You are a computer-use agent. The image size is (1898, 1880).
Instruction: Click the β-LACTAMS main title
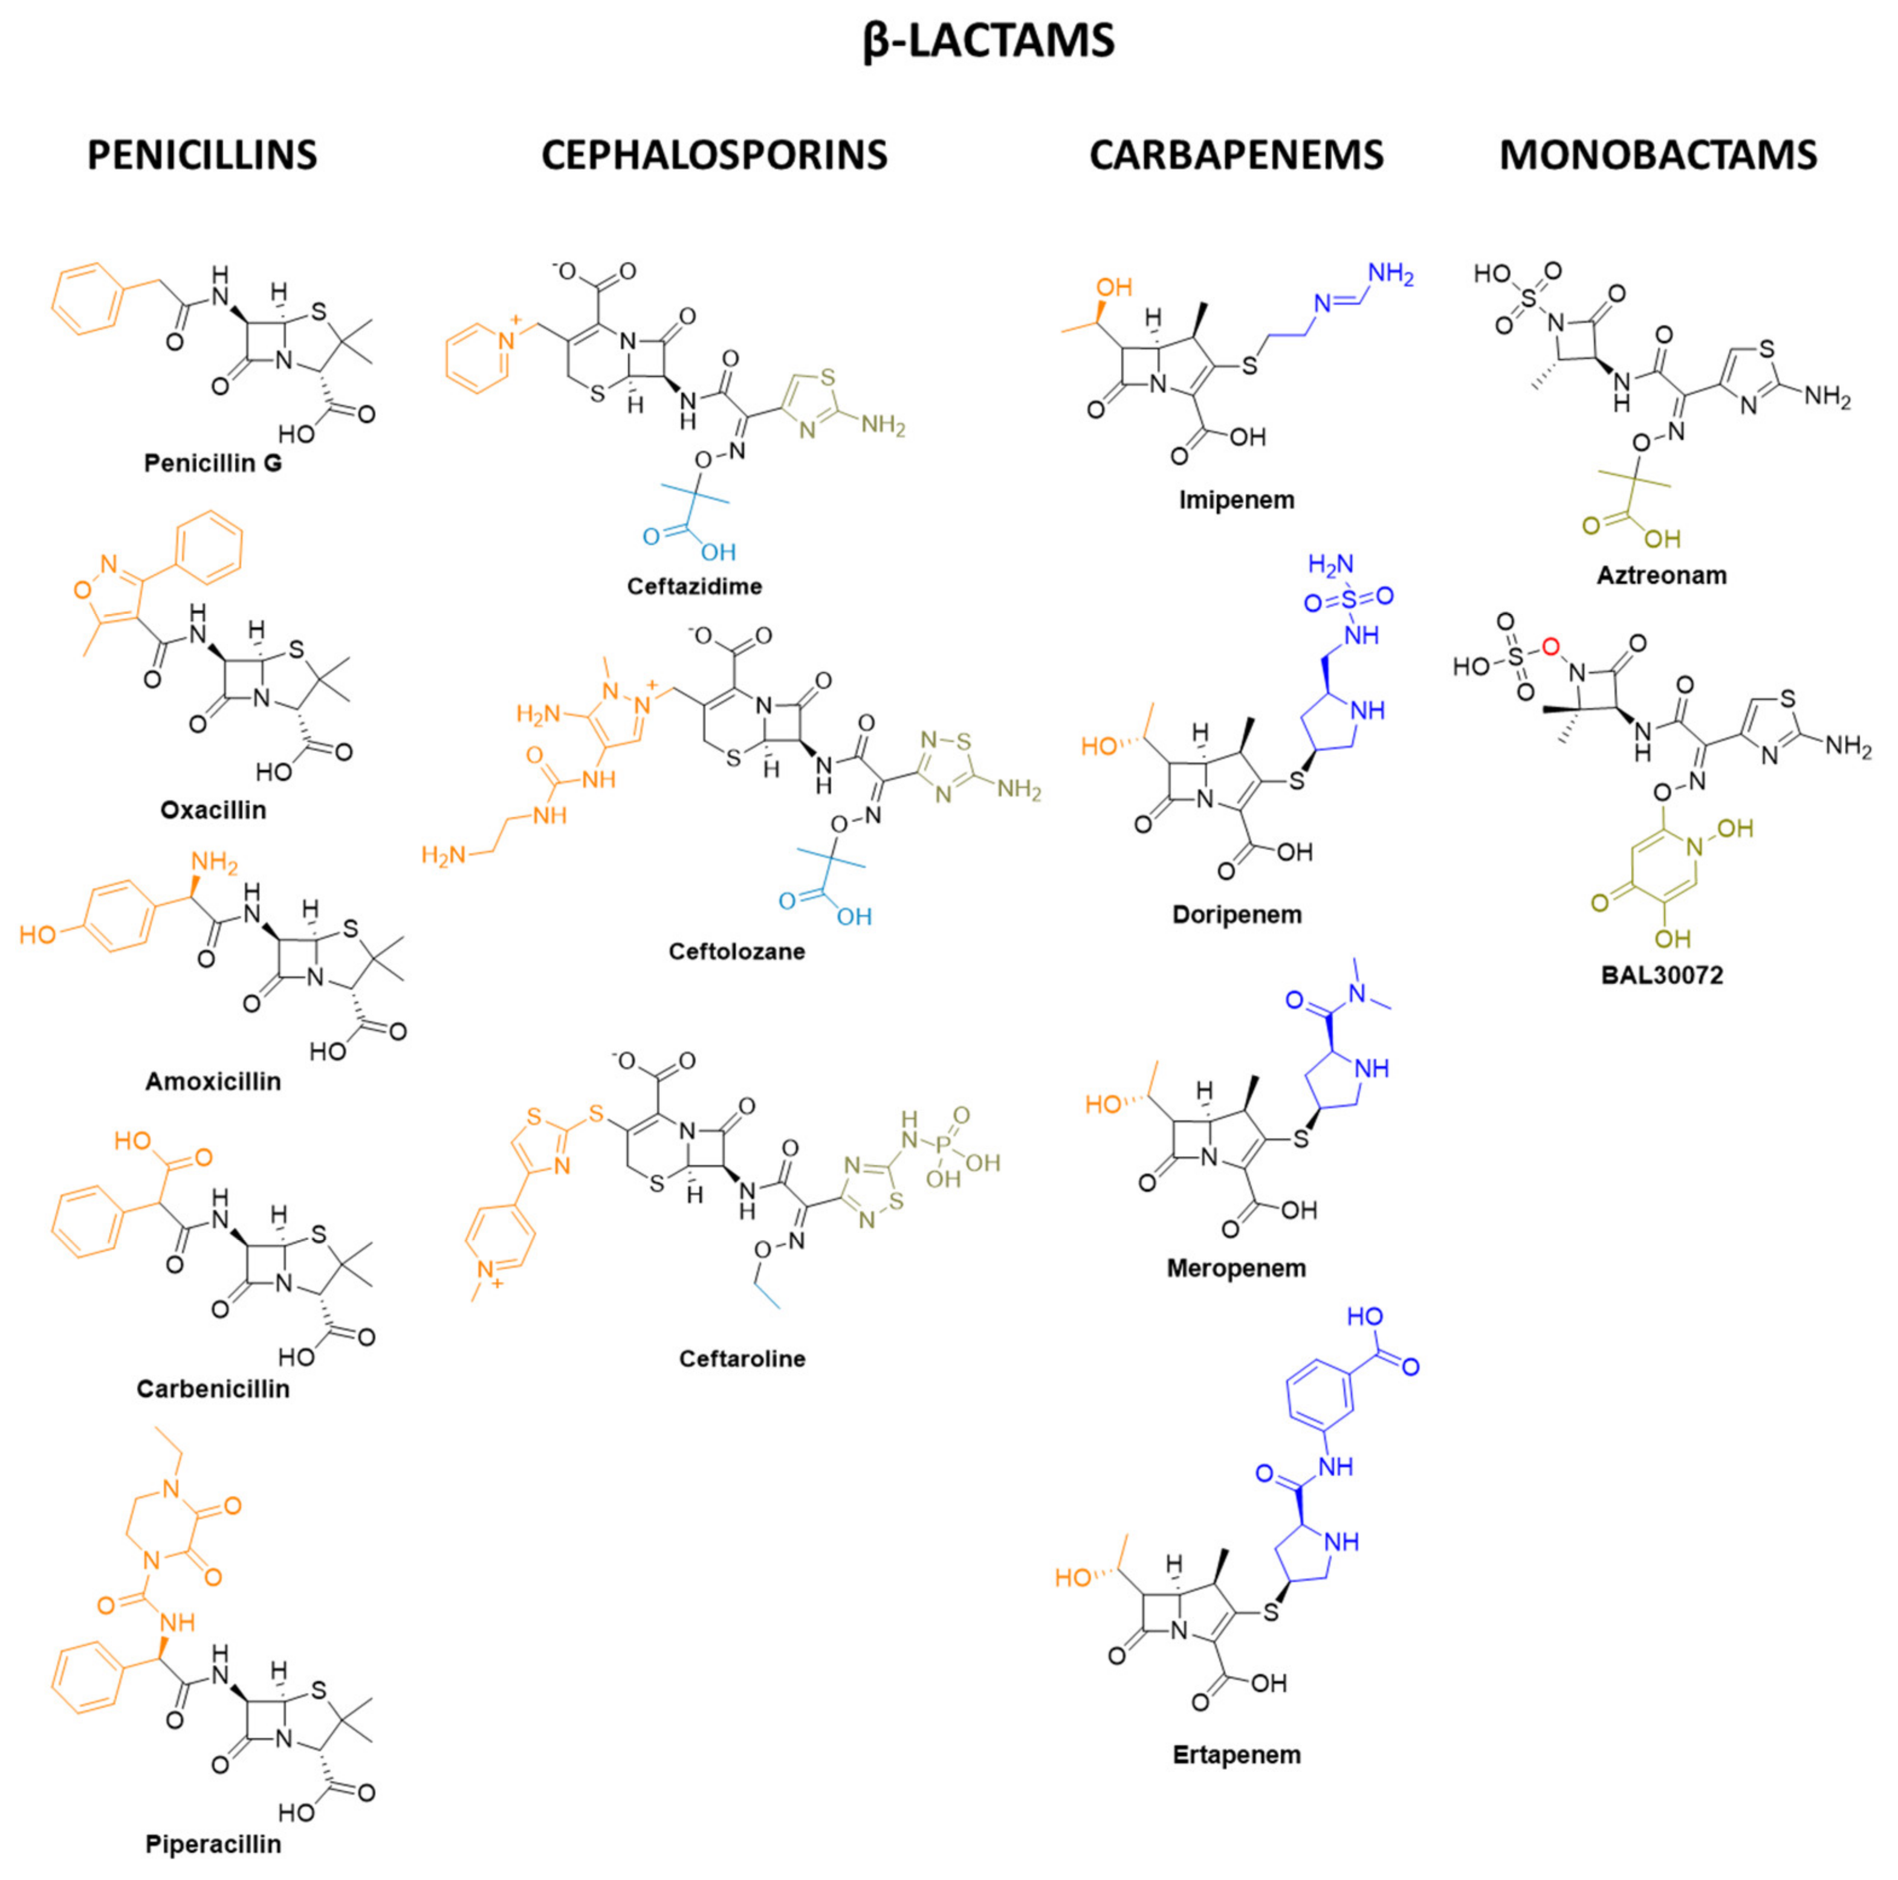(988, 41)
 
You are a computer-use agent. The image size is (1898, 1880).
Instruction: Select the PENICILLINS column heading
(202, 155)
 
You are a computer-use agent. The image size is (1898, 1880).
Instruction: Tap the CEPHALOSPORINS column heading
(714, 155)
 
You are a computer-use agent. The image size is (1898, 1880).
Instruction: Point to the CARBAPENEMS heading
(1236, 155)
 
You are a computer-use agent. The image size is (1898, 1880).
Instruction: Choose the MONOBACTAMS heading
(1657, 155)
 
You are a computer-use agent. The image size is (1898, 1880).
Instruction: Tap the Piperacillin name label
(213, 1844)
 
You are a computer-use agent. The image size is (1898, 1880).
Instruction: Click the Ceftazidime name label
(695, 586)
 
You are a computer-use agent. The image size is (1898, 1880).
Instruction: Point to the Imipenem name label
(1236, 500)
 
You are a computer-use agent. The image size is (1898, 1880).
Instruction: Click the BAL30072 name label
(1661, 975)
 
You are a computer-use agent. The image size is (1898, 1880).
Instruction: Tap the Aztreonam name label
(1661, 575)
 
